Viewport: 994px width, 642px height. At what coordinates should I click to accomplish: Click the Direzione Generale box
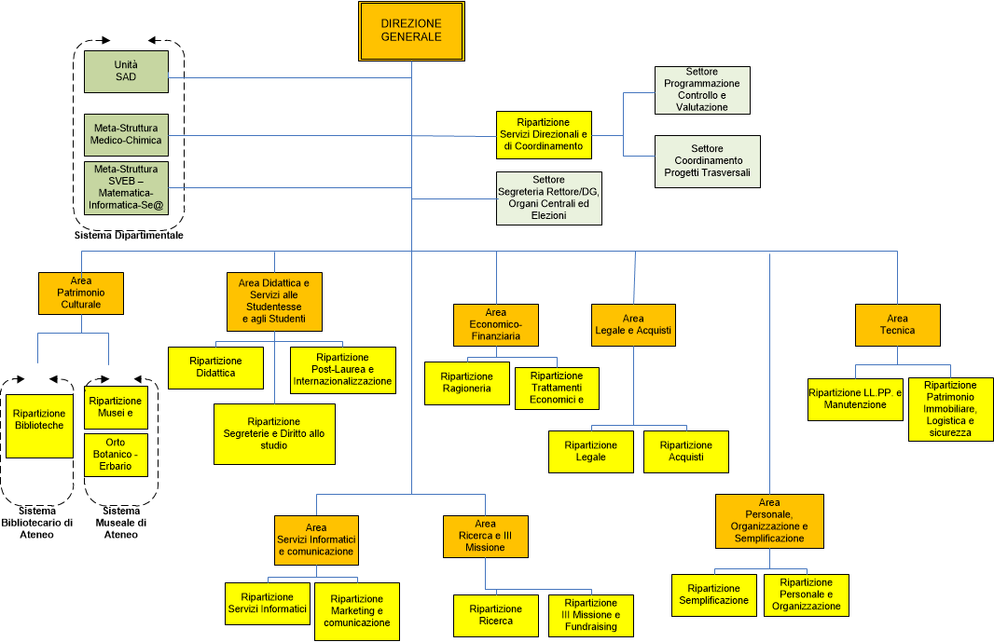[411, 30]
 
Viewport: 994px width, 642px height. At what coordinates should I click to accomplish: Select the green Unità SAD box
[126, 71]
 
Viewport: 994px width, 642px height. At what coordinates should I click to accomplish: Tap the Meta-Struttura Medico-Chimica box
[126, 134]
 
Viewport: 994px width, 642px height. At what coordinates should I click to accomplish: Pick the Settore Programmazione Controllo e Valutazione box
[702, 89]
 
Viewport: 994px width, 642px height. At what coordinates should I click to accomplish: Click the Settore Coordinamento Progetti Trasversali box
[707, 161]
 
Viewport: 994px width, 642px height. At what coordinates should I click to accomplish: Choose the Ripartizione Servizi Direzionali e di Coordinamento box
[544, 134]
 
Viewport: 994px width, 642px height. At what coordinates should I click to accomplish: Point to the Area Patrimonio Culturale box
[81, 293]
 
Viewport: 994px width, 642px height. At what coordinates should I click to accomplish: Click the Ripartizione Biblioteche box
[38, 418]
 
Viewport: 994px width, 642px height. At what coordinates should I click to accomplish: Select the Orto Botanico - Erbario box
[116, 454]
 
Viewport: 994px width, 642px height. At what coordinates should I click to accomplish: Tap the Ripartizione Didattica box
[215, 367]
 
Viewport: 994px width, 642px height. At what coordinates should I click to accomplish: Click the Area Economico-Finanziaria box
[495, 324]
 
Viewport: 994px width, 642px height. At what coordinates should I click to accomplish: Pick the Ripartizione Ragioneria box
[466, 383]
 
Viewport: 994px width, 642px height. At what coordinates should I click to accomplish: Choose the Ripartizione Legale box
[591, 451]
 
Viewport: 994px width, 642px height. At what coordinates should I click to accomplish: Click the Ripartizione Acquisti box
[685, 451]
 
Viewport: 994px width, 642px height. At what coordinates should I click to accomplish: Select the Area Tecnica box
[897, 324]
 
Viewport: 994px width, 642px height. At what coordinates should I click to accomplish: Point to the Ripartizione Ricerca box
[495, 615]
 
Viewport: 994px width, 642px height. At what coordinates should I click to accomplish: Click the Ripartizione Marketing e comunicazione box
[356, 610]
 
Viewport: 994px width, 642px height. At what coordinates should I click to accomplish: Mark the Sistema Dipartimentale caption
[129, 236]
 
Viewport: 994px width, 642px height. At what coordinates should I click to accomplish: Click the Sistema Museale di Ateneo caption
[120, 523]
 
